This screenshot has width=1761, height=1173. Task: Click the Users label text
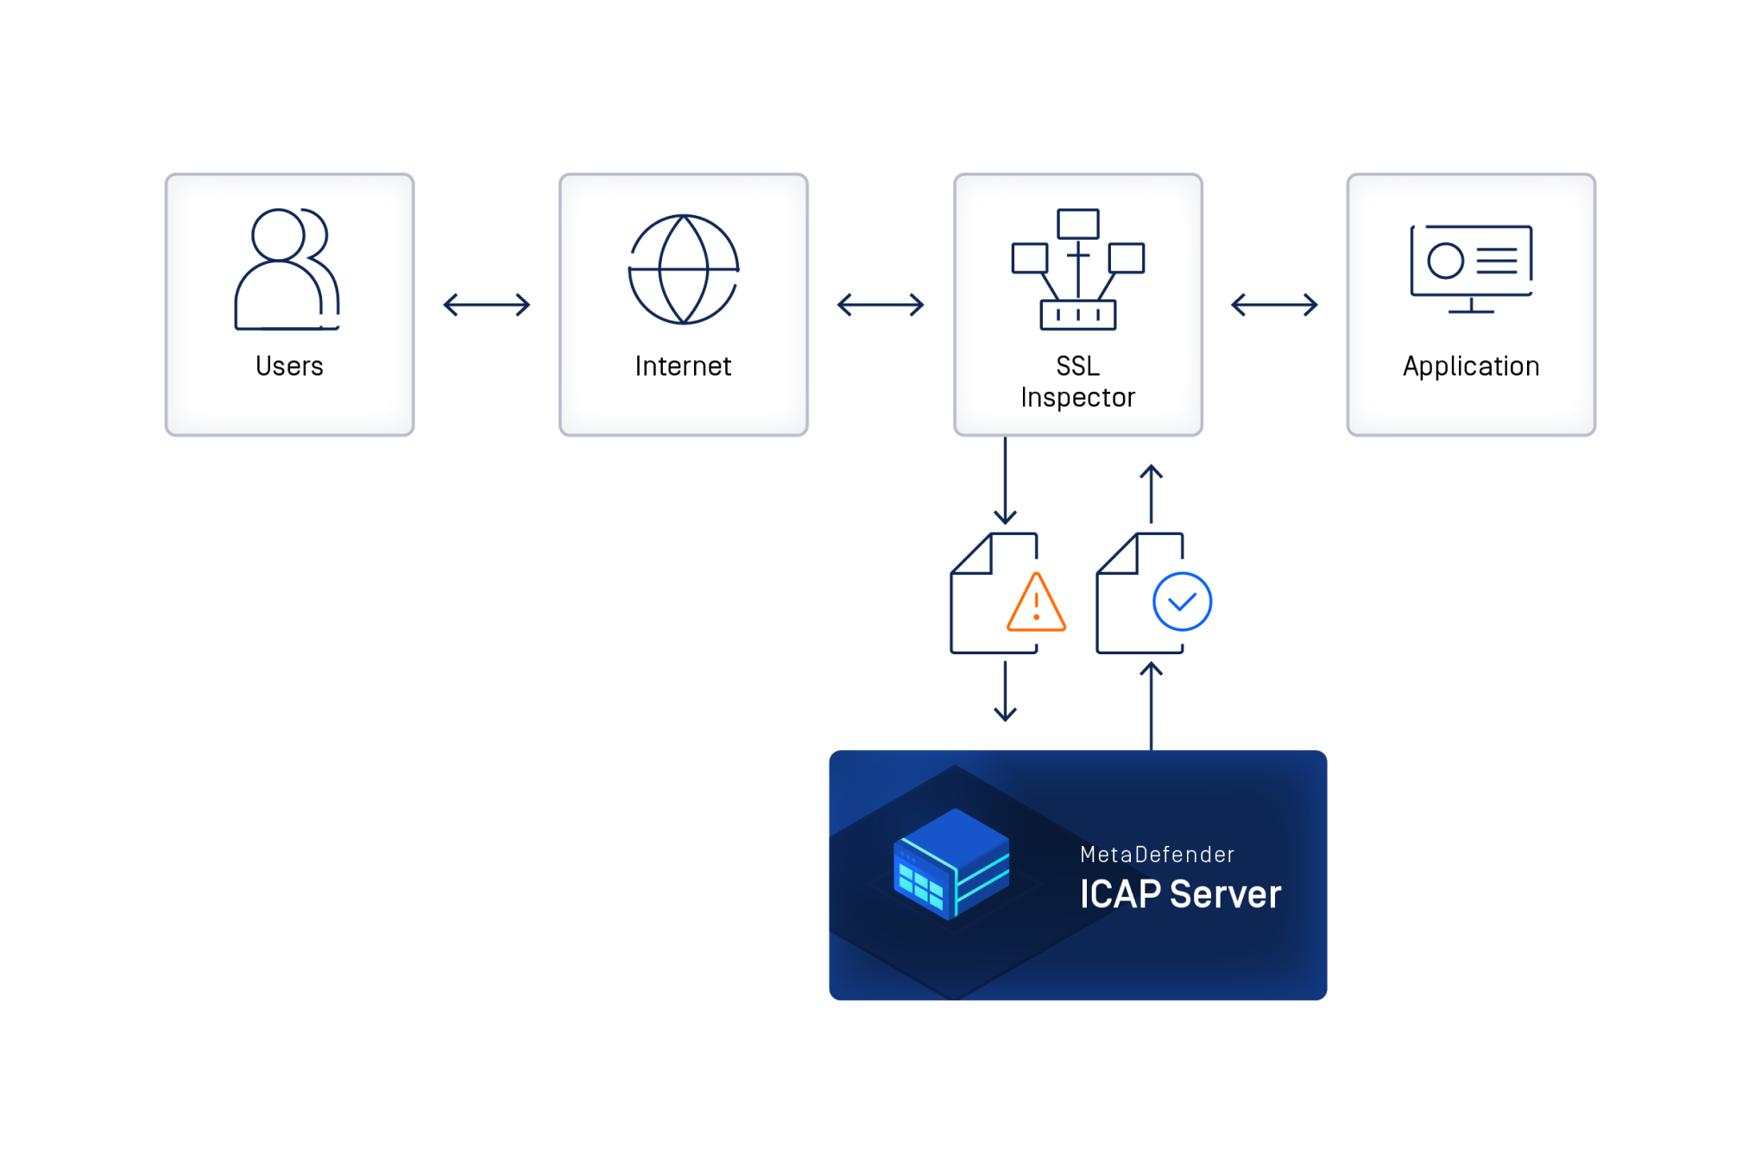[289, 366]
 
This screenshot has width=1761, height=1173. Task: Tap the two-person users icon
[287, 268]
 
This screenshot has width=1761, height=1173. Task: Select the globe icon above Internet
[683, 269]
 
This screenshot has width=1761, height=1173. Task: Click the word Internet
[683, 366]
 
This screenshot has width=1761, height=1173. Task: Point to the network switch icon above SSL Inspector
[1077, 268]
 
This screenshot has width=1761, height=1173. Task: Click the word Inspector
[1077, 397]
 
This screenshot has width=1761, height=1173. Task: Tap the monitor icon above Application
[1471, 268]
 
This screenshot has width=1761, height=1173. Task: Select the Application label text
[1471, 366]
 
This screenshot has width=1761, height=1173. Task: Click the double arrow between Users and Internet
[486, 305]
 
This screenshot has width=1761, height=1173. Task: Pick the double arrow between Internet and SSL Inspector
[880, 305]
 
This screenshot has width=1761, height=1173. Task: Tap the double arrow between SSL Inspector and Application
[1274, 305]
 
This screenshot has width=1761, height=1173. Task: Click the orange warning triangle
[1036, 603]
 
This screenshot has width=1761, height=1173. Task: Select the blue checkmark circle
[1182, 602]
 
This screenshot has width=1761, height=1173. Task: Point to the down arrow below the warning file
[1005, 691]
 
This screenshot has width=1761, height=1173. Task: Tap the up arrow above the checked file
[1151, 494]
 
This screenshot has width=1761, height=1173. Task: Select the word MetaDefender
[1157, 855]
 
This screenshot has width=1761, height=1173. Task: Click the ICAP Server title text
[1180, 894]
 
